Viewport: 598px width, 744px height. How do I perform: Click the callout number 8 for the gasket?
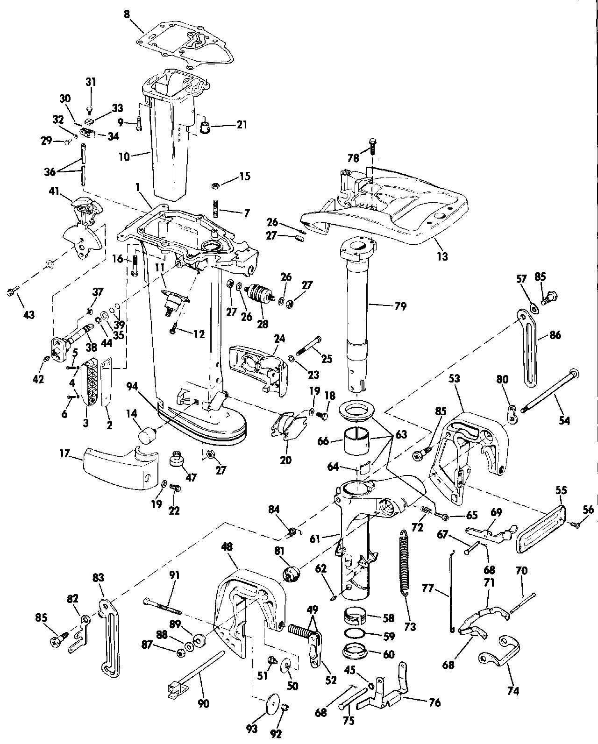tap(127, 14)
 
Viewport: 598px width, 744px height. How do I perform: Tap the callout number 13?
tap(442, 256)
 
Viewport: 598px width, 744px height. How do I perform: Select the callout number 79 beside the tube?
tap(400, 306)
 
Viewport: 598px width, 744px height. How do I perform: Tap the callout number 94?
tap(131, 386)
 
